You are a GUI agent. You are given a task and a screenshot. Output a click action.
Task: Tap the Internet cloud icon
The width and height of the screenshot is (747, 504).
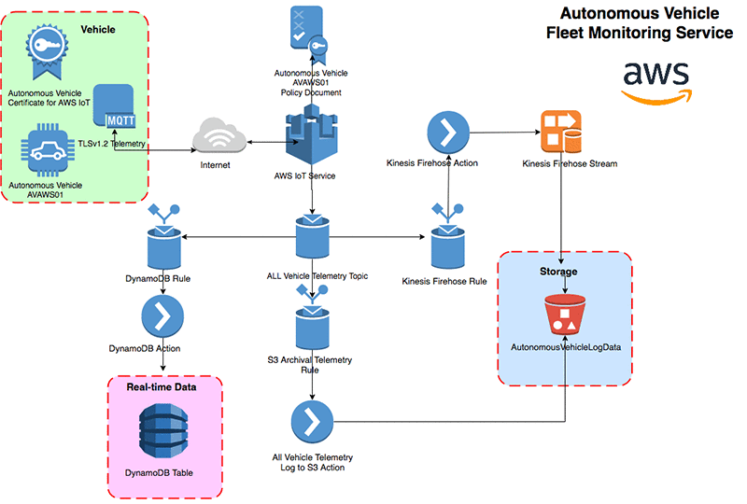[x=218, y=137]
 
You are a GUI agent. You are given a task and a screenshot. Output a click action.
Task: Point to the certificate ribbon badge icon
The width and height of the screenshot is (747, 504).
[x=46, y=54]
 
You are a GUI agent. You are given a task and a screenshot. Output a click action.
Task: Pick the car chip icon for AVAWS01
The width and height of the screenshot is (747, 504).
[x=46, y=151]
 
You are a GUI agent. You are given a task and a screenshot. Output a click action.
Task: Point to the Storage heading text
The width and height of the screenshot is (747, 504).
[x=557, y=272]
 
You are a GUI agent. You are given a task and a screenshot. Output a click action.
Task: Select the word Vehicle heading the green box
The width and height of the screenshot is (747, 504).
[x=98, y=30]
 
